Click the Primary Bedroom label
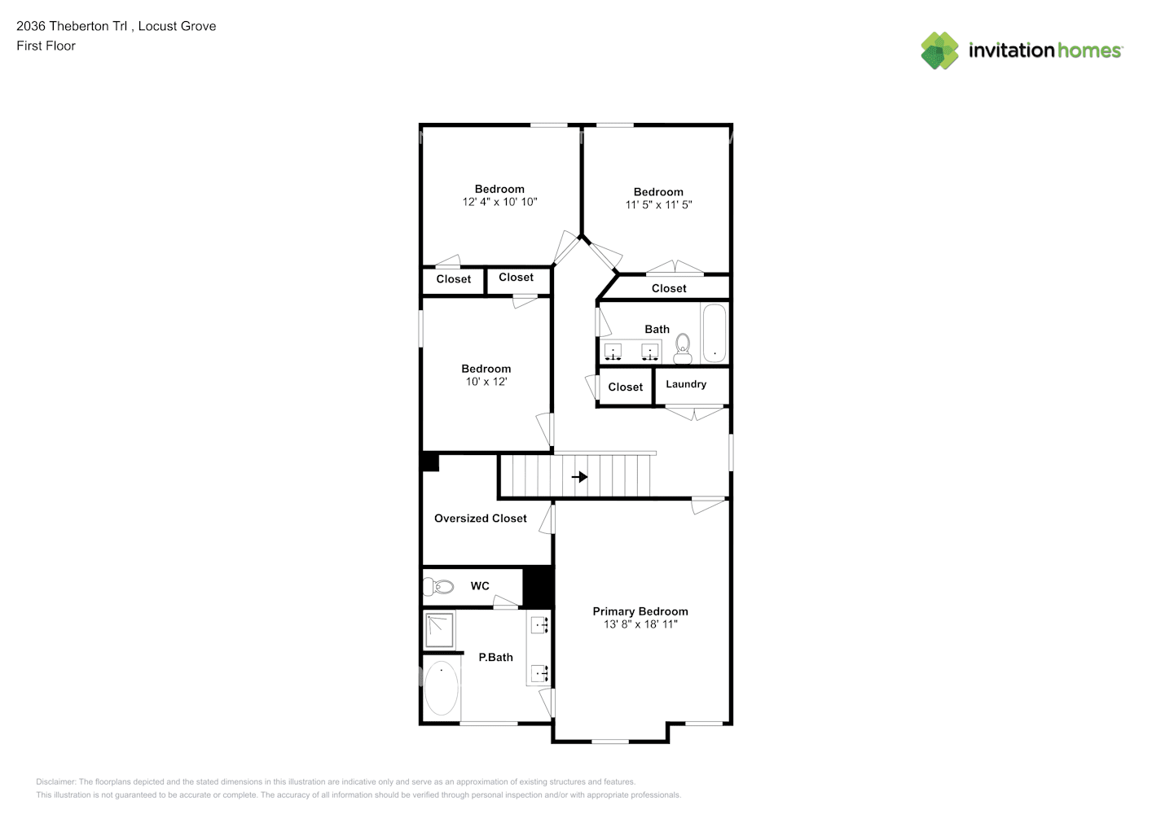[640, 611]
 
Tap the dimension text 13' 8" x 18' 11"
[640, 624]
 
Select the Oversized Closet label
[480, 519]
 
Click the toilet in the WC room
[439, 586]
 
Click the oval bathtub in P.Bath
[442, 689]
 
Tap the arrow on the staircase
[579, 476]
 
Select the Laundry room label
[686, 384]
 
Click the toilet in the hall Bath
[683, 348]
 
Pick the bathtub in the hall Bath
[715, 334]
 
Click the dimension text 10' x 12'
[486, 382]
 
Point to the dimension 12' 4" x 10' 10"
[499, 202]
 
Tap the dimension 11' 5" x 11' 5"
[658, 205]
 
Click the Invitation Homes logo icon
[939, 50]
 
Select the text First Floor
[46, 46]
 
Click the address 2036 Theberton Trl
[73, 26]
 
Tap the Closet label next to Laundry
[625, 387]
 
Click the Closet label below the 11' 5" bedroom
[669, 288]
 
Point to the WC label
[480, 586]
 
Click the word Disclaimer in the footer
[55, 781]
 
